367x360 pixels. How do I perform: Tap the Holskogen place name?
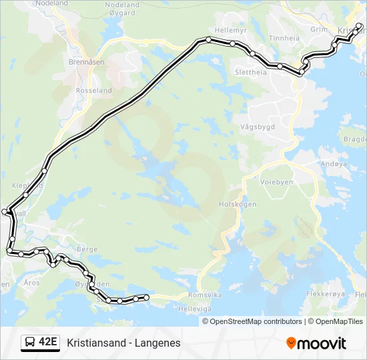[x=238, y=205]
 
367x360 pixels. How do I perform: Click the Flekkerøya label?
[x=325, y=293]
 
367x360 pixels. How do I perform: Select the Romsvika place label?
[x=202, y=294]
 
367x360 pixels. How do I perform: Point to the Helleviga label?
[x=195, y=309]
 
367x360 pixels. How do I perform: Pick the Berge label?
[x=87, y=248]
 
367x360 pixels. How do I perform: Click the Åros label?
[x=31, y=283]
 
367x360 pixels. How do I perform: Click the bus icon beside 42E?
[x=30, y=343]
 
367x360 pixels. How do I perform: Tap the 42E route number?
[x=47, y=343]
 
